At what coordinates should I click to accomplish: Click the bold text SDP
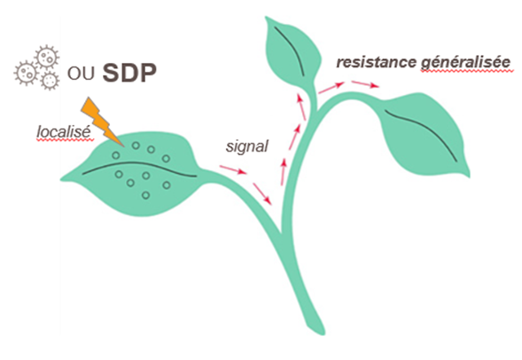click(x=129, y=73)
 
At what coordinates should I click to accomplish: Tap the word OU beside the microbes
click(x=81, y=74)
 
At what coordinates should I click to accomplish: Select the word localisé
click(x=63, y=132)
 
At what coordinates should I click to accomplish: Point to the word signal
click(x=246, y=146)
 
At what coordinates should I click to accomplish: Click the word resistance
click(x=376, y=62)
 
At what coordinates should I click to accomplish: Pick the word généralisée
click(x=465, y=63)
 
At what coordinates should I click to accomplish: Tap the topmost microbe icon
click(x=47, y=57)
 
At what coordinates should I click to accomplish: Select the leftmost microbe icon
click(x=26, y=73)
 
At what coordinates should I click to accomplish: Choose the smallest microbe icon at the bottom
click(x=50, y=81)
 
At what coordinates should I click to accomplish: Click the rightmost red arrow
click(x=365, y=84)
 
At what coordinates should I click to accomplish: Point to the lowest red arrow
click(x=262, y=194)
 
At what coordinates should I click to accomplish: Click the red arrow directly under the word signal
click(x=233, y=169)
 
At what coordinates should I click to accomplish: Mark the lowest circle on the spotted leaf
click(x=145, y=195)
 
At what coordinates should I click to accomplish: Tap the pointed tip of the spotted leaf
click(x=61, y=180)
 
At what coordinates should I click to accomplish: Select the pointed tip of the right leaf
click(x=469, y=176)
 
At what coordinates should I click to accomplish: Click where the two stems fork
click(x=282, y=232)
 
